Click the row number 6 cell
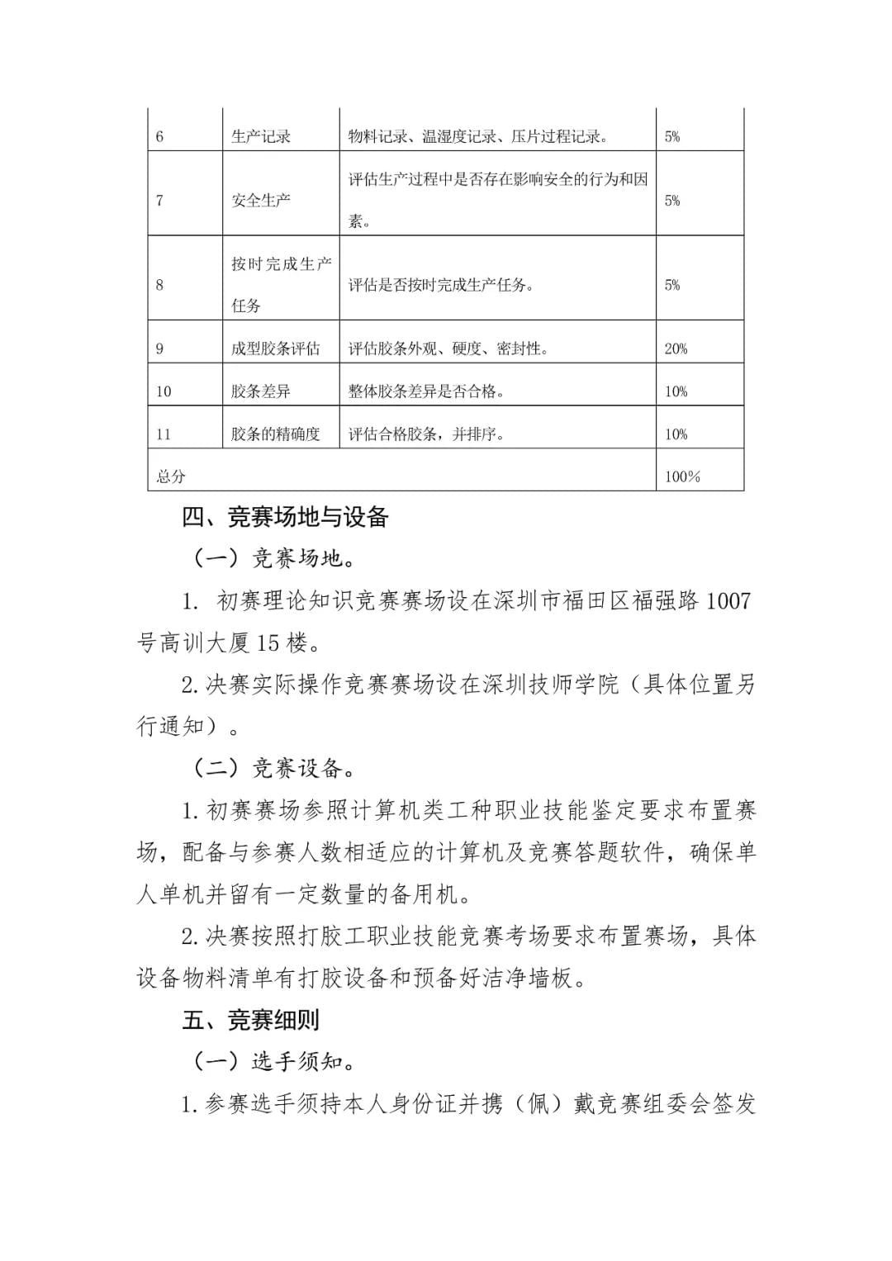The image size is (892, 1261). (160, 137)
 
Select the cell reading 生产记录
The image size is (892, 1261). (261, 137)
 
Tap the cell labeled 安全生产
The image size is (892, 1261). (261, 201)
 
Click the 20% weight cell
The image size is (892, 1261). (676, 349)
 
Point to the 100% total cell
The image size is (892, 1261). (682, 476)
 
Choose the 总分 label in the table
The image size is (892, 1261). (172, 476)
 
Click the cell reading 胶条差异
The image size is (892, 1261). (261, 391)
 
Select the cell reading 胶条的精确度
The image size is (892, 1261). (276, 434)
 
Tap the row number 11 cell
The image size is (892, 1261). (164, 434)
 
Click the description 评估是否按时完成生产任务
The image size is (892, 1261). (441, 286)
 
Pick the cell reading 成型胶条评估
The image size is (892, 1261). (276, 349)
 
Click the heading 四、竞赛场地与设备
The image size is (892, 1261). (285, 518)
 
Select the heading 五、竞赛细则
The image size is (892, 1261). (251, 1021)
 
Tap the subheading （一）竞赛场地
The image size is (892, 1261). (275, 559)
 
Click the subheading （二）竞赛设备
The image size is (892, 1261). (275, 769)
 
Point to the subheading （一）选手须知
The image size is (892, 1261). (275, 1062)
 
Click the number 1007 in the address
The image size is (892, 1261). (727, 600)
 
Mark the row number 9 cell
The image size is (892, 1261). (160, 349)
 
